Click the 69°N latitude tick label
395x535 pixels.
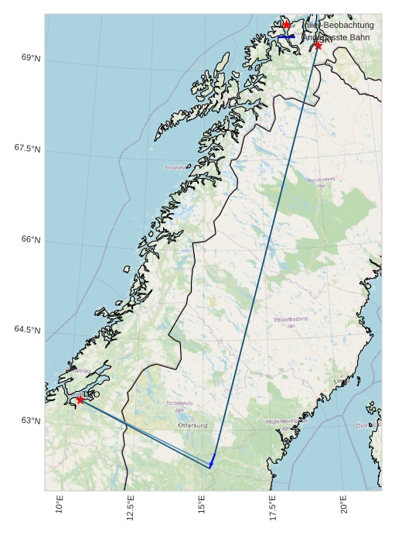click(x=30, y=58)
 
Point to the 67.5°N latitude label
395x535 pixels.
click(x=27, y=149)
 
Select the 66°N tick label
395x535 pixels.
click(x=30, y=239)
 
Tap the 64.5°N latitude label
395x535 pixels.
click(x=27, y=330)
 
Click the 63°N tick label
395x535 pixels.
click(x=30, y=420)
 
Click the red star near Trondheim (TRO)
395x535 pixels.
click(x=80, y=400)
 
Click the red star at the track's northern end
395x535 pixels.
click(x=318, y=45)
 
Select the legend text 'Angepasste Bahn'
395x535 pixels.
click(x=340, y=37)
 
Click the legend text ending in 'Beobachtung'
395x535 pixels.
click(x=340, y=26)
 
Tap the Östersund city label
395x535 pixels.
click(x=192, y=425)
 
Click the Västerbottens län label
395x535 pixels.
click(x=291, y=322)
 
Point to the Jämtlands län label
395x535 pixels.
click(x=180, y=406)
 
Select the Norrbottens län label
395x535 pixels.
click(x=321, y=183)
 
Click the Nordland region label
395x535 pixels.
click(x=175, y=167)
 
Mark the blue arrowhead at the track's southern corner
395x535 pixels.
click(x=210, y=464)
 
